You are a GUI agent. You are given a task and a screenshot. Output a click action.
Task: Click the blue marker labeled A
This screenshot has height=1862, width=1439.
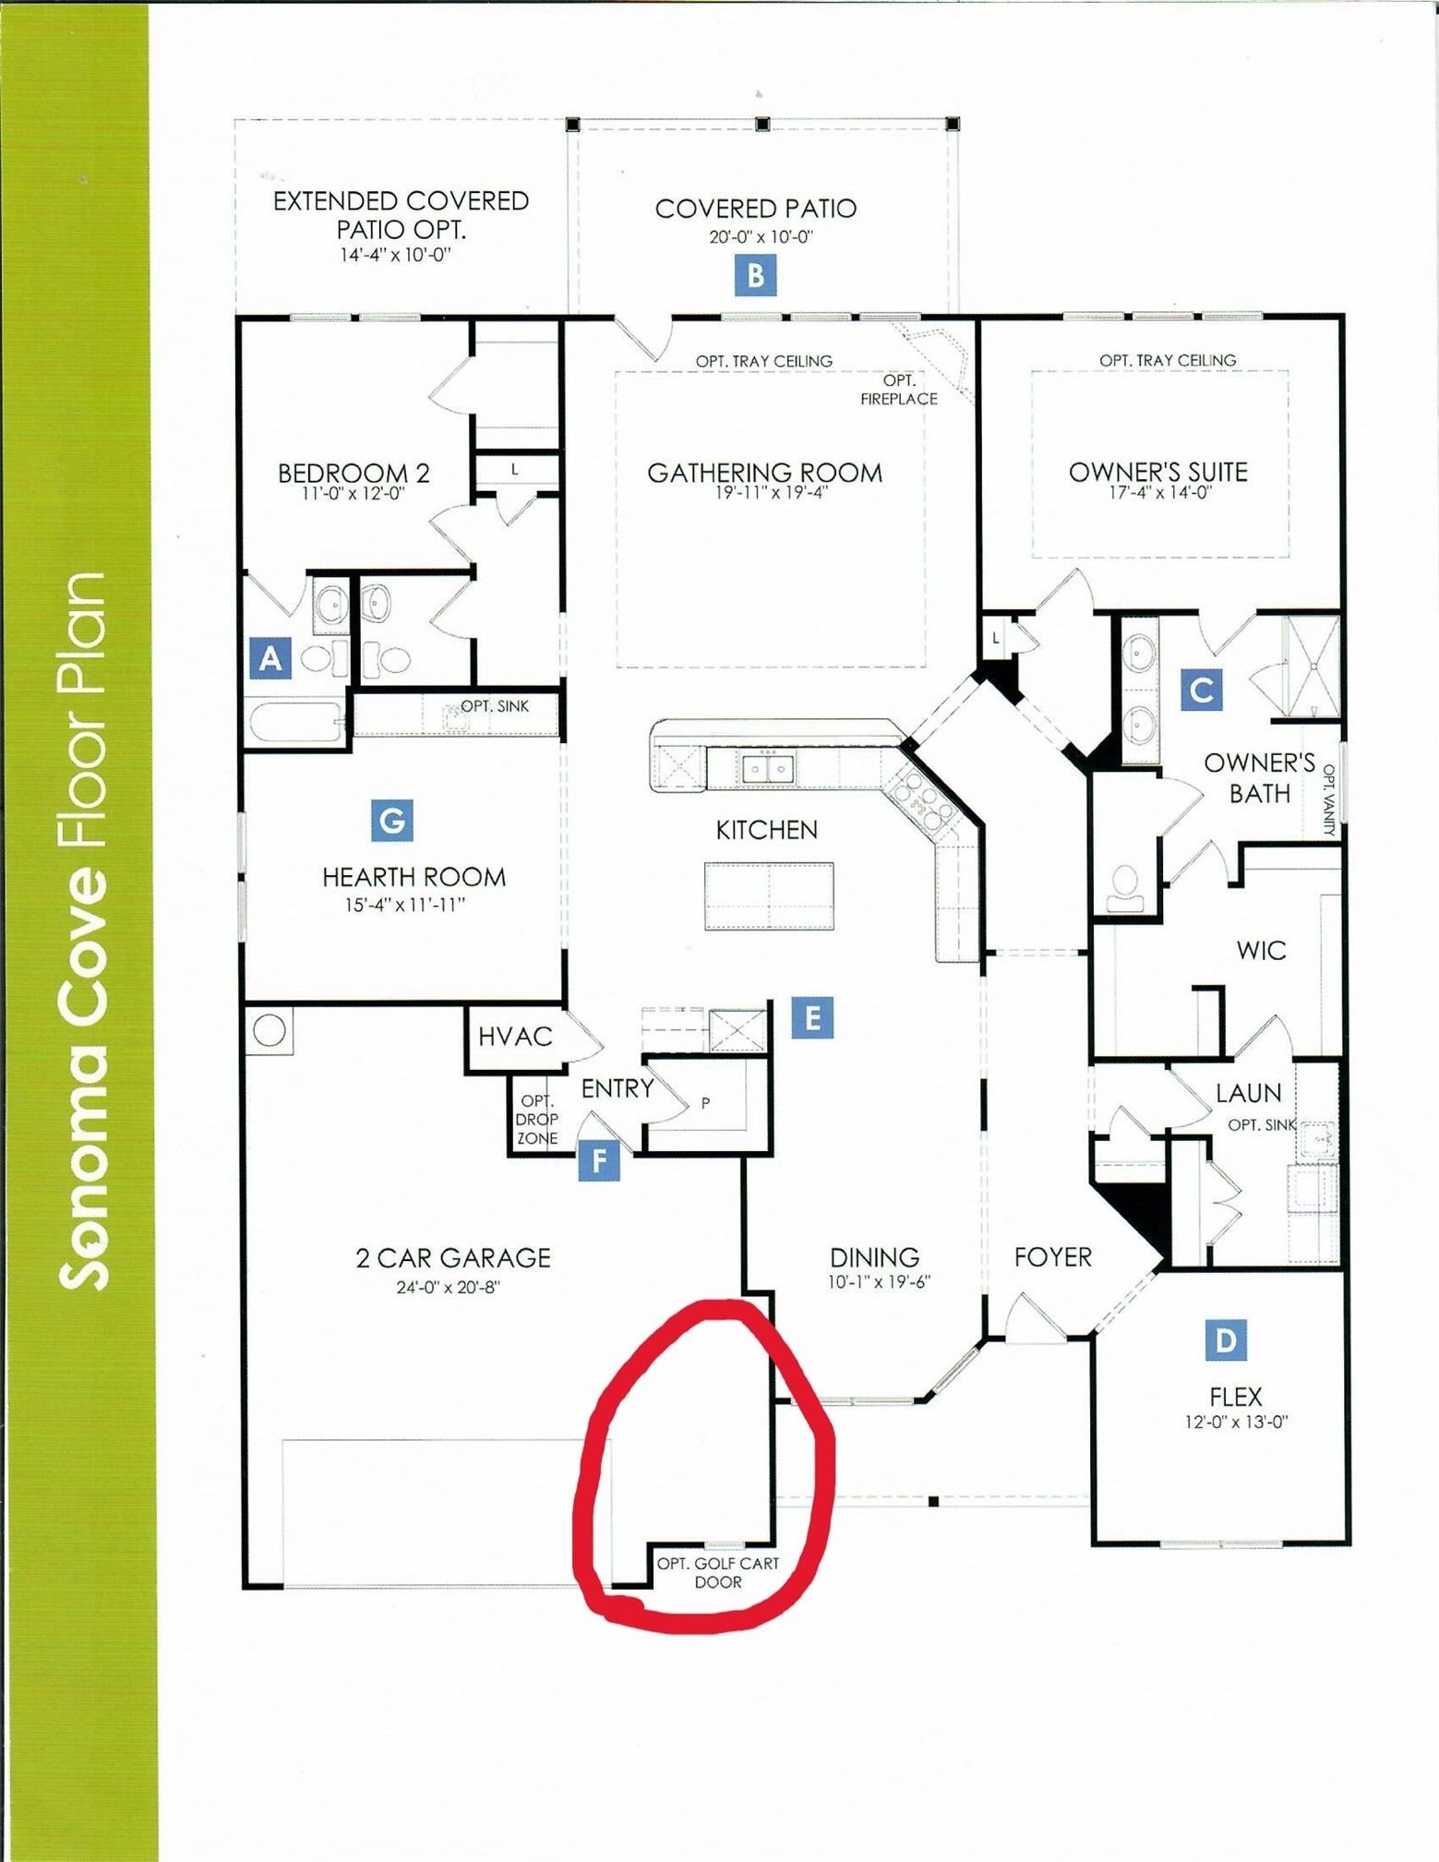[270, 658]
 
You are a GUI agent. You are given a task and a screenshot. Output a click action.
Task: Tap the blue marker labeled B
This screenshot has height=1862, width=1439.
[755, 275]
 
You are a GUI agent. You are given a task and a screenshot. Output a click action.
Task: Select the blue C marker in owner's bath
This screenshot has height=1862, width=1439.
[1202, 690]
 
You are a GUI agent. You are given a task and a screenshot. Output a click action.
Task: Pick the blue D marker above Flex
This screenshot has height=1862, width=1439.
[1226, 1339]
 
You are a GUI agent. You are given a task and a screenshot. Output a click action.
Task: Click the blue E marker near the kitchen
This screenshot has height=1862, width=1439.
[812, 1017]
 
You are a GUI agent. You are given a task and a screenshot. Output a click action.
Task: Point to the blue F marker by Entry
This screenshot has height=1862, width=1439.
[599, 1159]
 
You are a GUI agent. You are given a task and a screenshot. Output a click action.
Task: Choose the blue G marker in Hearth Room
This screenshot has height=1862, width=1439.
[392, 821]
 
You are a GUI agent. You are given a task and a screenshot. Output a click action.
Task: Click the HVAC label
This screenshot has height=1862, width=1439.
[515, 1037]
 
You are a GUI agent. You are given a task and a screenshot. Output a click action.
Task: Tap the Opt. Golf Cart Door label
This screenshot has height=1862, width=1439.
[718, 1572]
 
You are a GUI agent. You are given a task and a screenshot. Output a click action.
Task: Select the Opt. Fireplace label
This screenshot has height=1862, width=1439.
[899, 390]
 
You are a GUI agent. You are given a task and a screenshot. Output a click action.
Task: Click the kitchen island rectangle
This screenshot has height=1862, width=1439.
[769, 895]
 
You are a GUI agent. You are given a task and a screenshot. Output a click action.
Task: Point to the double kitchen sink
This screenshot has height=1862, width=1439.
[768, 768]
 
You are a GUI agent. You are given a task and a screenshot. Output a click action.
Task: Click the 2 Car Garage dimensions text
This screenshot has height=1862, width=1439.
[448, 1287]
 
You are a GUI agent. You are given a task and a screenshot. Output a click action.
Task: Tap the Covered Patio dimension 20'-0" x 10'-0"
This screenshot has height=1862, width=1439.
[761, 236]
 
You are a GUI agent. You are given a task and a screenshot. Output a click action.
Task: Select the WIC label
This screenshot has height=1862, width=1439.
[1261, 950]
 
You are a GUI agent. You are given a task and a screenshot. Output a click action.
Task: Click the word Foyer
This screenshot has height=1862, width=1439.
[1052, 1256]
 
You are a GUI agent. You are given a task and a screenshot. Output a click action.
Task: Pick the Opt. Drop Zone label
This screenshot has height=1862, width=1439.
[537, 1119]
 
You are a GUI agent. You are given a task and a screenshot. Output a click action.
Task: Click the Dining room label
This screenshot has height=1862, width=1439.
[874, 1257]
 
